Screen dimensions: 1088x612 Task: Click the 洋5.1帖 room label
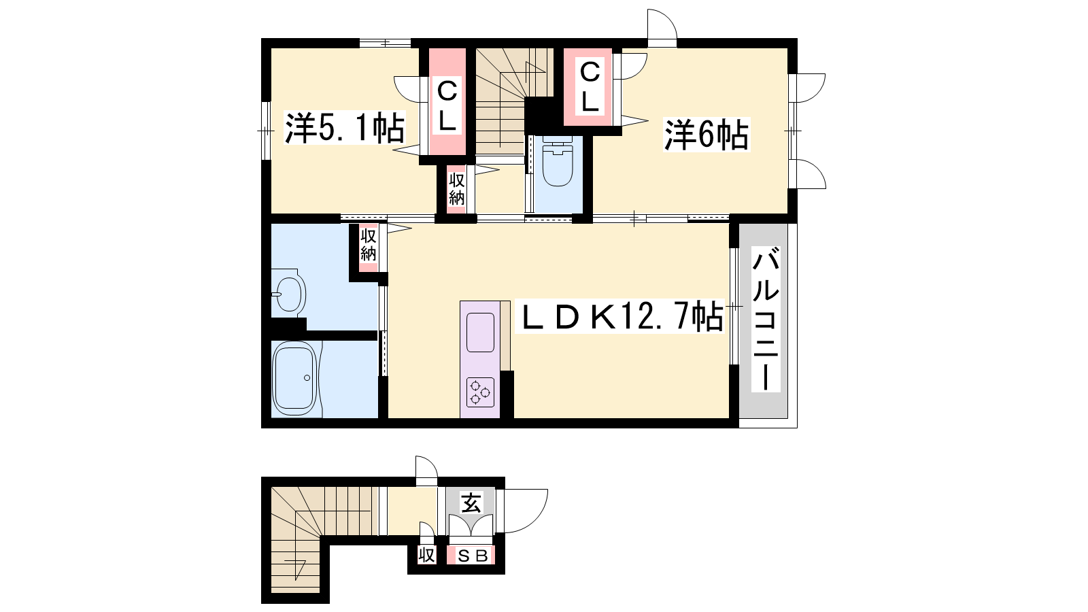(x=344, y=128)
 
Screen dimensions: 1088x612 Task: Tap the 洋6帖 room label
(x=707, y=135)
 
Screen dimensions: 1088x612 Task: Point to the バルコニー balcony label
(x=766, y=319)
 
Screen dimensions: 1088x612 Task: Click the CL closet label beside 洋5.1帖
(x=447, y=105)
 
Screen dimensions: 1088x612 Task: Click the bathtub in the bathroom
(x=295, y=377)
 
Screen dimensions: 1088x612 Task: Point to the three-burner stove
(x=480, y=392)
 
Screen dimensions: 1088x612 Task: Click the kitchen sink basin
(x=480, y=333)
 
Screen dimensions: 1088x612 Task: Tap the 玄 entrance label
(x=471, y=503)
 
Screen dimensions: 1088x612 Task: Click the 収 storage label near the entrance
(x=426, y=555)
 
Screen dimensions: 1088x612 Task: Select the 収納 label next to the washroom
(x=368, y=244)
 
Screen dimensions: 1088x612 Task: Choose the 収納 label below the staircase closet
(x=456, y=189)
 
